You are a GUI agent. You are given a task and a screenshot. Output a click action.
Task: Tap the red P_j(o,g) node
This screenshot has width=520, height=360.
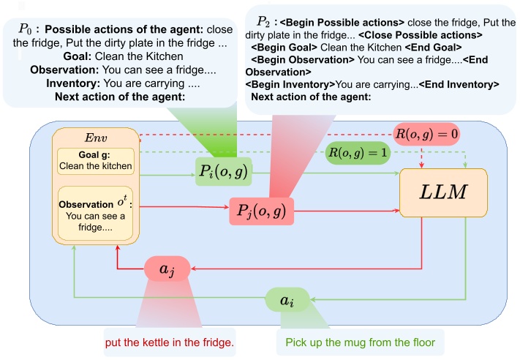coord(260,211)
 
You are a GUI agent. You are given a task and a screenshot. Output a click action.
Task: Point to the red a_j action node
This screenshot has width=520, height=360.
coord(168,269)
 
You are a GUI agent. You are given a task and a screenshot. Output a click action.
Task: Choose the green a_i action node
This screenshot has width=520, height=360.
coord(286,299)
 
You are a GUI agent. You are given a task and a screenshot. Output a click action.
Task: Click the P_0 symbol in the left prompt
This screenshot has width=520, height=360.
coord(26,31)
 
